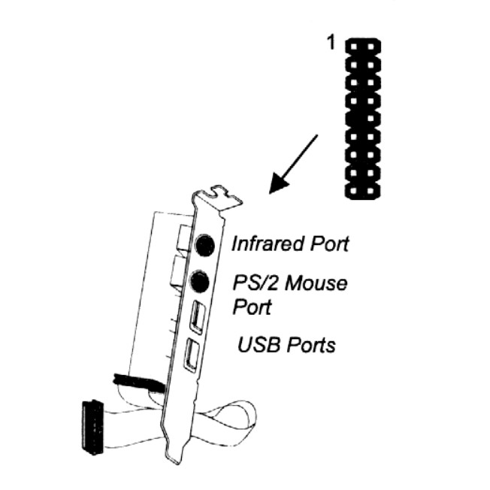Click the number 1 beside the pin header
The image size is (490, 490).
tap(331, 44)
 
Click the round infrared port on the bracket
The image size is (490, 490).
tap(205, 244)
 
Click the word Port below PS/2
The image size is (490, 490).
tap(251, 307)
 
